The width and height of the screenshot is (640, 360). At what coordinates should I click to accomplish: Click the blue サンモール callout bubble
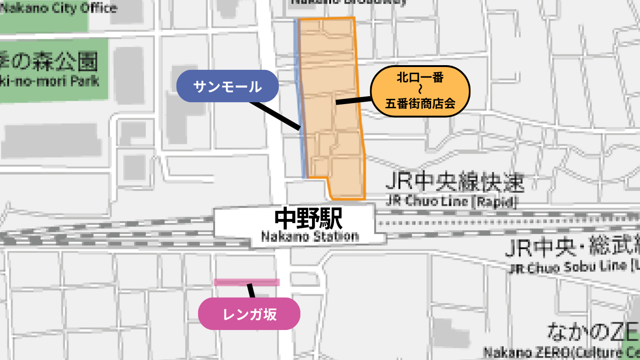tap(227, 86)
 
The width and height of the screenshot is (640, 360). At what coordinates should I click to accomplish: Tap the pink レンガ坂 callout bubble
tap(249, 314)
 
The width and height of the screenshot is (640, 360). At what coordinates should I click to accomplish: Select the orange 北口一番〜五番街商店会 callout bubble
tap(420, 91)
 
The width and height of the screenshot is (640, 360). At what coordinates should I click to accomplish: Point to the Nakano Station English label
tap(310, 236)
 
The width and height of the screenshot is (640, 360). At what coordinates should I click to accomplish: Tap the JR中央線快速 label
tap(454, 183)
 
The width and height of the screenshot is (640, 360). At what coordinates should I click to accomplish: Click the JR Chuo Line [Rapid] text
tap(452, 202)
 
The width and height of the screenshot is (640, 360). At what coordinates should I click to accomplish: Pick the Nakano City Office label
tap(59, 8)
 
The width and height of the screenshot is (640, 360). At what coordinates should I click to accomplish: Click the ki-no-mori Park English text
tap(52, 80)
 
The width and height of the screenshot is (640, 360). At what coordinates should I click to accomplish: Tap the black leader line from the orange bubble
tap(354, 100)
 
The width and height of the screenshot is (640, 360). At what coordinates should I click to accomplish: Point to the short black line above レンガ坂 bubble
tap(251, 291)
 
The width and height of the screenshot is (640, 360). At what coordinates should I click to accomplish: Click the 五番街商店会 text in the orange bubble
tap(420, 104)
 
